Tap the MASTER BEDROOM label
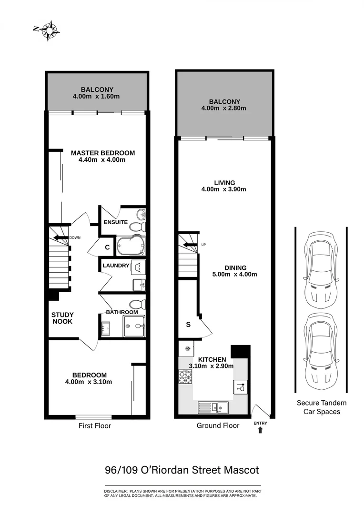coord(102,153)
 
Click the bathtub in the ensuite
coord(130,246)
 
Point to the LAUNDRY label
coord(116,266)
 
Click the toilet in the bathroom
coord(137,304)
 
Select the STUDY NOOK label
coord(62,318)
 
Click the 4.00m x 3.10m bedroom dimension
coord(89,382)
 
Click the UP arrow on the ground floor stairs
coord(190,245)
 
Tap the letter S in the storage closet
coord(188,325)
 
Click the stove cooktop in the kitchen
coord(185,377)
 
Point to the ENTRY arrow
coord(260,430)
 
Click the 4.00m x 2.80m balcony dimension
coord(224,108)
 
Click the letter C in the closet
coord(107,247)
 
